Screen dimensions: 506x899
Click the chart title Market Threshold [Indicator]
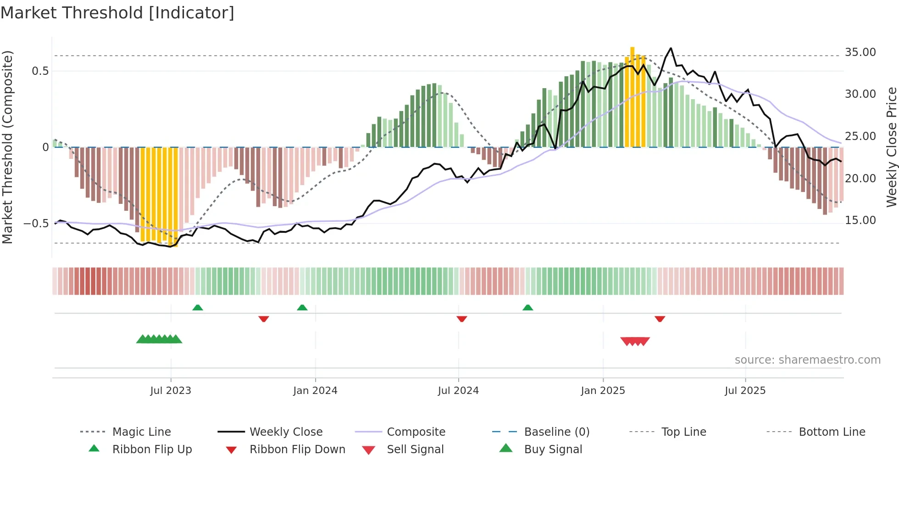pos(117,13)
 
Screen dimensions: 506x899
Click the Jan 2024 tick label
pos(315,390)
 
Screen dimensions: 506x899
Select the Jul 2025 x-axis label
pos(745,390)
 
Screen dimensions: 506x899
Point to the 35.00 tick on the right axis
pos(860,52)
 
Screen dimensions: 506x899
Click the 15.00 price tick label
pos(860,220)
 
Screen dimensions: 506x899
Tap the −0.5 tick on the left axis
pos(36,223)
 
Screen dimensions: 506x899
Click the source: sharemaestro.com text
pos(807,360)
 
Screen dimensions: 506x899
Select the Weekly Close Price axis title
pos(891,147)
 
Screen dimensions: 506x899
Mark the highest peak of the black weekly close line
pos(671,48)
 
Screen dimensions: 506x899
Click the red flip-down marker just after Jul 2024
pos(462,319)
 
